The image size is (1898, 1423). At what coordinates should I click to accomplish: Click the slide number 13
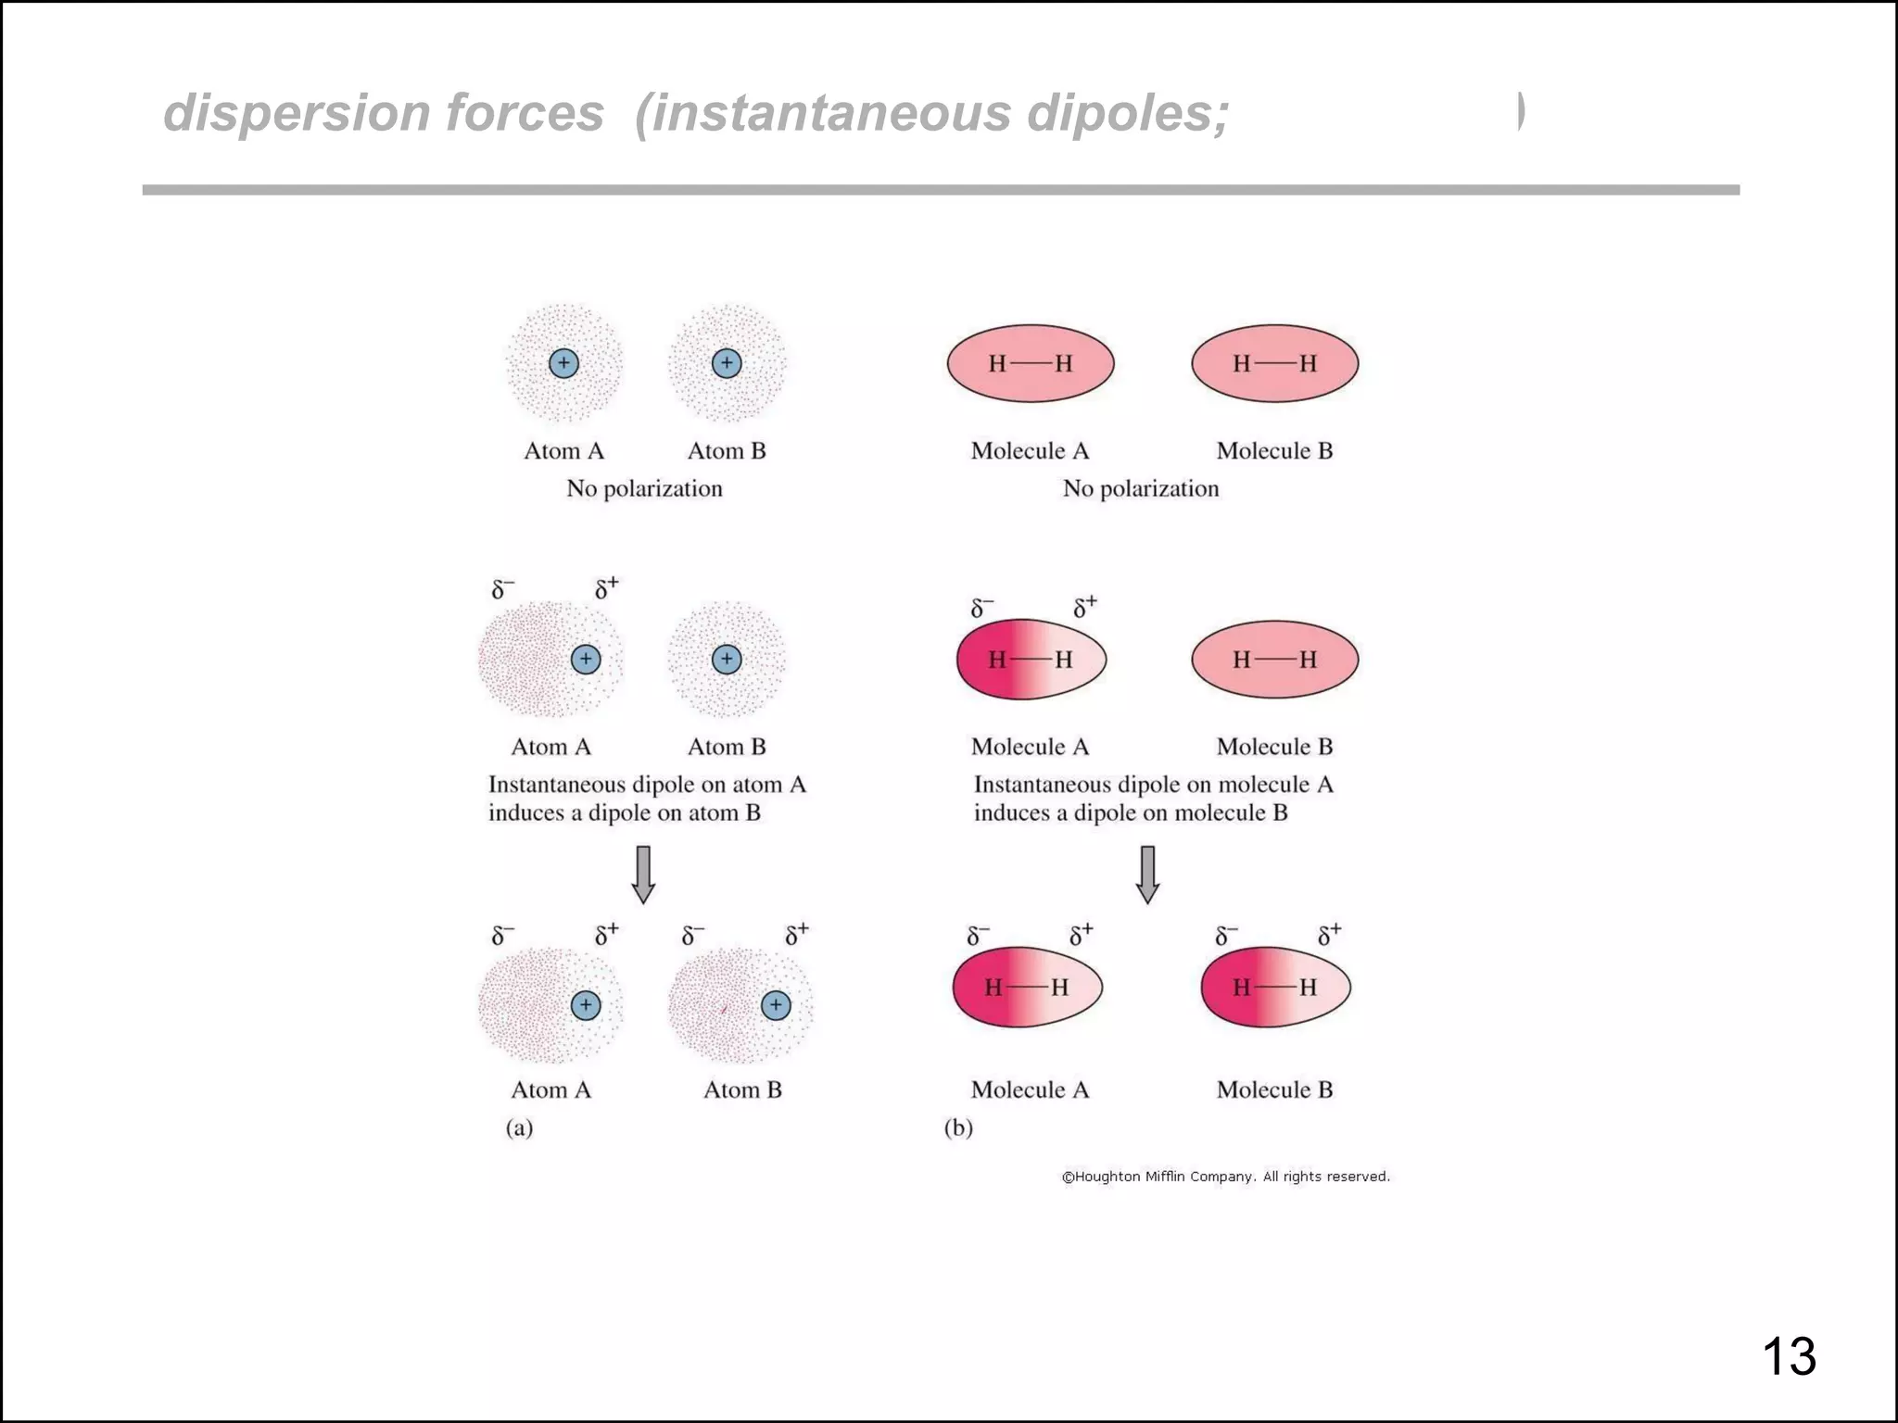tap(1788, 1357)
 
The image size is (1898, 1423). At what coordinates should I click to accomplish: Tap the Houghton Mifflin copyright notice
tap(1225, 1177)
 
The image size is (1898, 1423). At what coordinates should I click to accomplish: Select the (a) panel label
tap(519, 1127)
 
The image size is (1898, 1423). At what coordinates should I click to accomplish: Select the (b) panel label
tap(958, 1127)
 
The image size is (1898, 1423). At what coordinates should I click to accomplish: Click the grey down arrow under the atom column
tap(643, 875)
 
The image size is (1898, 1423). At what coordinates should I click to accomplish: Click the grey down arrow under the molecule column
tap(1147, 875)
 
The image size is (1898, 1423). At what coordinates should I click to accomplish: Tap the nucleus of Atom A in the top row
tap(563, 363)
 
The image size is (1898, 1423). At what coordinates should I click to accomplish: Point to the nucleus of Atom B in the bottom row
tap(776, 1005)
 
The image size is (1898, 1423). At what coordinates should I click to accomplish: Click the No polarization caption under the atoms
tap(644, 488)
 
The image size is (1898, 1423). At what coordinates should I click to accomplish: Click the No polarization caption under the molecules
tap(1141, 488)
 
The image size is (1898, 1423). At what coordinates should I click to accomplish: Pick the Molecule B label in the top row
tap(1274, 451)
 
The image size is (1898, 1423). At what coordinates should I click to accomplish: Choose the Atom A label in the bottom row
tap(550, 1089)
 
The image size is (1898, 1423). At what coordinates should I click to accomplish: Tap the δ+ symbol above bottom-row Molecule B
tap(1329, 935)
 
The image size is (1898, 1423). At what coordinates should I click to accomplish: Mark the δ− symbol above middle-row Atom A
tap(502, 589)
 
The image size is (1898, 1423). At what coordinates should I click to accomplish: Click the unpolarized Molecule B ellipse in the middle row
tap(1274, 660)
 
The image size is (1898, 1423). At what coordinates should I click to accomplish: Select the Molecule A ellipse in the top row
tap(1030, 363)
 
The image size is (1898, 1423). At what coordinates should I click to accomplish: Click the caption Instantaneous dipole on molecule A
tap(1153, 785)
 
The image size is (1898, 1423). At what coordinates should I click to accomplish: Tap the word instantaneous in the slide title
tap(824, 113)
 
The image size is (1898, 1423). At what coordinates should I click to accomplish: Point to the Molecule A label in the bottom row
tap(1030, 1089)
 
